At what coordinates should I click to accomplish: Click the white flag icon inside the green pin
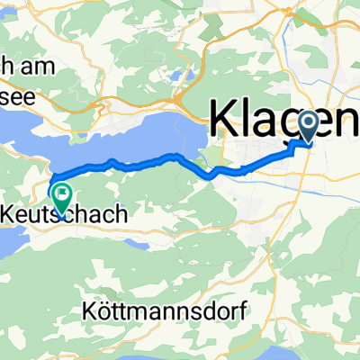[61, 192]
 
